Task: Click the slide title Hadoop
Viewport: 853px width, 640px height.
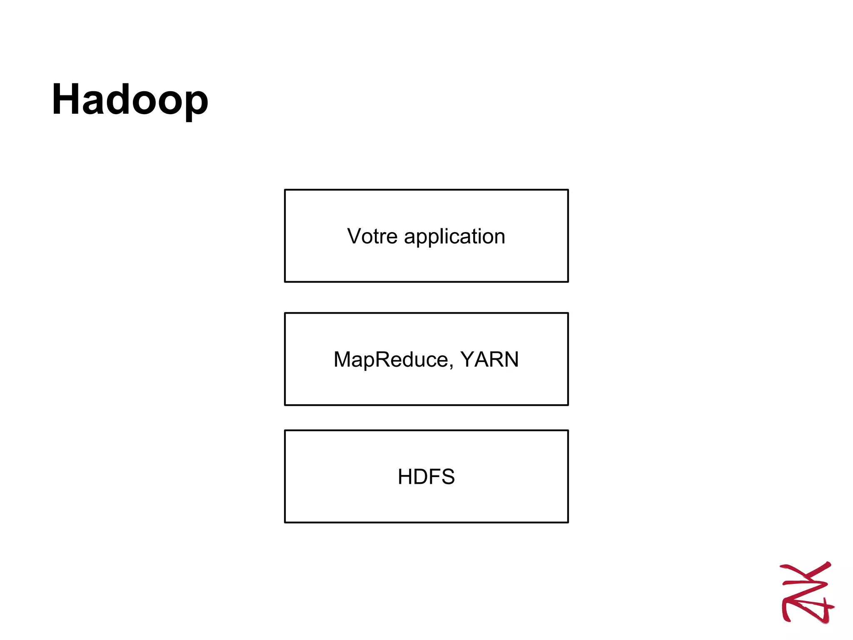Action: [130, 100]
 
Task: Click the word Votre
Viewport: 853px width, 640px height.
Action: [372, 236]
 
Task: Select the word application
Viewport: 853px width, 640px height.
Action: [454, 237]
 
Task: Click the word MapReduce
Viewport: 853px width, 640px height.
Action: [391, 360]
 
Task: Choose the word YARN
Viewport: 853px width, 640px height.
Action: [489, 359]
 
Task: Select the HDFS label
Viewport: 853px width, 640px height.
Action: [426, 477]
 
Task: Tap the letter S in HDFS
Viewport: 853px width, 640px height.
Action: [447, 477]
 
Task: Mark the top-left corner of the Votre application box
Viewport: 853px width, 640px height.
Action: [285, 190]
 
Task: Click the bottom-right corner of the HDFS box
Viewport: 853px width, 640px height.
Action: [568, 522]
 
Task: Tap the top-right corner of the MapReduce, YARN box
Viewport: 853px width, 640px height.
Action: [568, 313]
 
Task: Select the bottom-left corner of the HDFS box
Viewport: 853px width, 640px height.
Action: [285, 522]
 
